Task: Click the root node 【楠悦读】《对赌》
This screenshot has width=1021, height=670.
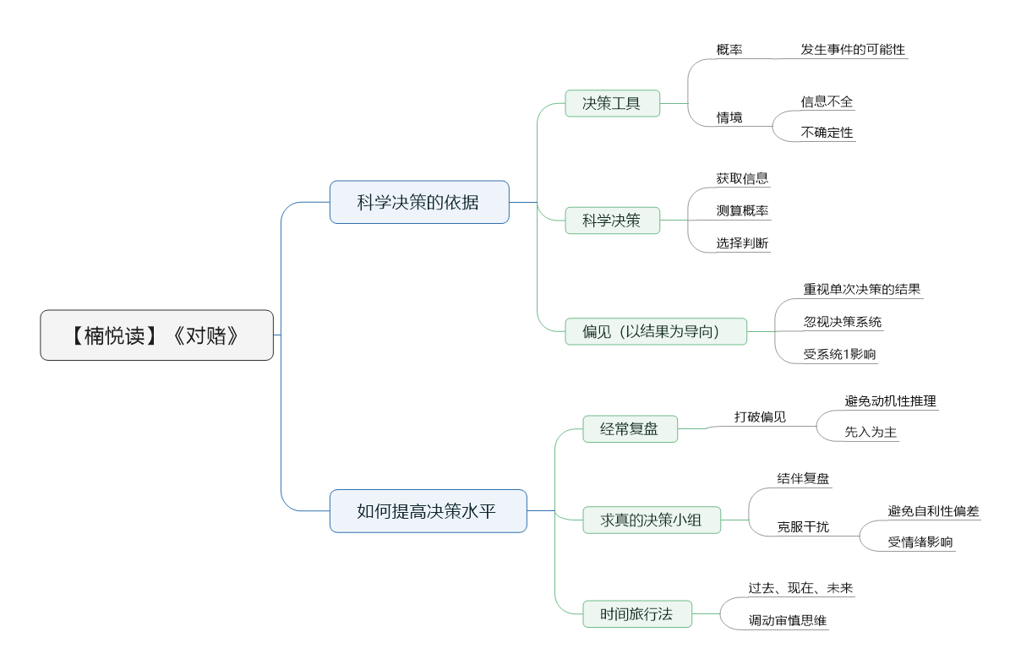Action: pos(157,335)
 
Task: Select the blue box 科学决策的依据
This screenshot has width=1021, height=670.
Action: pos(419,202)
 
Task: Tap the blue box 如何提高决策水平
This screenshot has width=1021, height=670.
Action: pos(428,511)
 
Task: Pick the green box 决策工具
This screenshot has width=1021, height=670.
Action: pos(612,103)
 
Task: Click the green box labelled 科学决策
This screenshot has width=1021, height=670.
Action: pos(612,221)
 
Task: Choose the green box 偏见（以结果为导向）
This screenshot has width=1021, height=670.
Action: pos(655,331)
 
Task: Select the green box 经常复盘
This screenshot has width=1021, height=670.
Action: pos(630,429)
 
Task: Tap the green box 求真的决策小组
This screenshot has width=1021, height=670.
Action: pos(652,520)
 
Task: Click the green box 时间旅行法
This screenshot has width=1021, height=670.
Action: pos(637,614)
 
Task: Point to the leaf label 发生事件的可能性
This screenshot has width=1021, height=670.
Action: pos(853,49)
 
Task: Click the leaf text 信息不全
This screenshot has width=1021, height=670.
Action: pos(827,101)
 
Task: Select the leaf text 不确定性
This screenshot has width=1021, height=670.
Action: pos(827,133)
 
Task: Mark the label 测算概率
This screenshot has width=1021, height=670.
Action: pos(742,210)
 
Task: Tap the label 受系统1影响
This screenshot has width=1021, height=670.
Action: pos(839,354)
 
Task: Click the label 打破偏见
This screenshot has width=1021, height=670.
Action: pos(760,417)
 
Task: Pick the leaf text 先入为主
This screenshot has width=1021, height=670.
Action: pos(871,432)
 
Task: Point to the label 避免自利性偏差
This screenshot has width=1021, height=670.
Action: pos(933,511)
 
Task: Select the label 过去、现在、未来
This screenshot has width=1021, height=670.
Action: pos(800,588)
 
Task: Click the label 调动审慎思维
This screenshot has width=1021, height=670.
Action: pos(787,620)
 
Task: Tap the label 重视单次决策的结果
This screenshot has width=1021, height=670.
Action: pos(861,289)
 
